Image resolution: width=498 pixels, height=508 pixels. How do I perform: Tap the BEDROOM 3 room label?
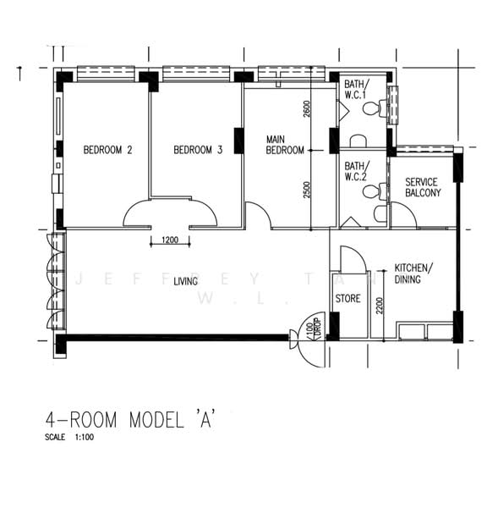click(198, 151)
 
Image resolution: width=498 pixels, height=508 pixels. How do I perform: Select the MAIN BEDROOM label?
click(285, 145)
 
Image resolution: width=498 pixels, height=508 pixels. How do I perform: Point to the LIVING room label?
click(186, 281)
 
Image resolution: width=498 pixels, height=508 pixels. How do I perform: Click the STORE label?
click(348, 299)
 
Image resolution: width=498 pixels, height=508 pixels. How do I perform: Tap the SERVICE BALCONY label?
click(422, 187)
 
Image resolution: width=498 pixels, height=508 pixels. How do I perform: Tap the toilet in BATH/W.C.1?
click(382, 108)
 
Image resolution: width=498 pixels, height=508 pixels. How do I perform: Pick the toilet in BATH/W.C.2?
click(370, 192)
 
